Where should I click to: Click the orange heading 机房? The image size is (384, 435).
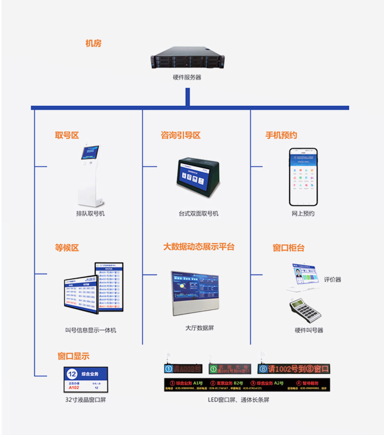[94, 43]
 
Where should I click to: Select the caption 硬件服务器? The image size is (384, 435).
[187, 78]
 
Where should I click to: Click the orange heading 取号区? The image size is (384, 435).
[67, 135]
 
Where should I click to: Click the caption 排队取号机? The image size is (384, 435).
[91, 213]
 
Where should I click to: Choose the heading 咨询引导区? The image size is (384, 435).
[180, 135]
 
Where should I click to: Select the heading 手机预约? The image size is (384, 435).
[281, 135]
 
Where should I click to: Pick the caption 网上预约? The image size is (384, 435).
[303, 213]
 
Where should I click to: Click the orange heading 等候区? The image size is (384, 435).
[67, 248]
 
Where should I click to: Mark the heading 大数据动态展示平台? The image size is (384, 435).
[199, 247]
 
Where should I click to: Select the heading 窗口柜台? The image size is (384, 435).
[289, 248]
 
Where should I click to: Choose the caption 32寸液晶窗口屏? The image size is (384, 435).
[86, 400]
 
